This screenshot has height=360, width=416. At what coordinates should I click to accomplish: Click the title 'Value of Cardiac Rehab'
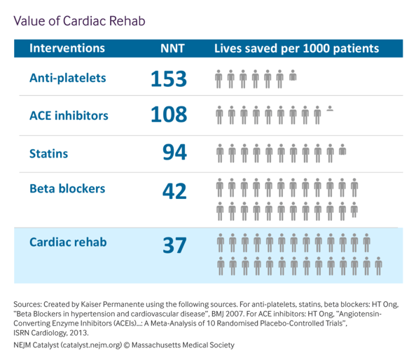click(x=79, y=21)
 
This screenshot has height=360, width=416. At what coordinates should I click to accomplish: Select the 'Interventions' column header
click(x=67, y=48)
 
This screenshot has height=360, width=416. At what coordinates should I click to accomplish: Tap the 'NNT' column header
click(x=172, y=48)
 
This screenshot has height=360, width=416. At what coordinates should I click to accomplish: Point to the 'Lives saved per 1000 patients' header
click(x=297, y=48)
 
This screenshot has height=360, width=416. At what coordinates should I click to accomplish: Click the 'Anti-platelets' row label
click(x=68, y=78)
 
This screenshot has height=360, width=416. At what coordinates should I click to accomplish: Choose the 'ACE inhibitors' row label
click(x=69, y=116)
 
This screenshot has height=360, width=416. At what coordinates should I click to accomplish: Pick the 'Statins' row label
click(x=48, y=153)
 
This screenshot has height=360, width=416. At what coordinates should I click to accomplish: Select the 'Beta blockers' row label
click(x=67, y=188)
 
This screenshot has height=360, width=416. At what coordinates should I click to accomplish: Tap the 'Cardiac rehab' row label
click(x=68, y=242)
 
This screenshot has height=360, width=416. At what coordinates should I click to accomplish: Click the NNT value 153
click(x=169, y=78)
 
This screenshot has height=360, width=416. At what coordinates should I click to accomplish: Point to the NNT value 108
click(x=169, y=114)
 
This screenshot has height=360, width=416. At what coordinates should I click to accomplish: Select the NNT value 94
click(x=174, y=152)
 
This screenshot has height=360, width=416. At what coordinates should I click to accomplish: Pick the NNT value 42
click(x=174, y=191)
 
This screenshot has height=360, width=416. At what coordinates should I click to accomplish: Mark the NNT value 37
click(x=174, y=245)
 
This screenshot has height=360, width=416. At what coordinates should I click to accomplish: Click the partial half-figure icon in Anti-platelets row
click(x=293, y=75)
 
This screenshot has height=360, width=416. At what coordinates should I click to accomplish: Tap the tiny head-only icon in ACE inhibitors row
click(x=330, y=109)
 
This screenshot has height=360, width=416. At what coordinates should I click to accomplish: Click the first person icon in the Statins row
click(x=220, y=153)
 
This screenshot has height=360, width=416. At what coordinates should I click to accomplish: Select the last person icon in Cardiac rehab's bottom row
click(x=379, y=266)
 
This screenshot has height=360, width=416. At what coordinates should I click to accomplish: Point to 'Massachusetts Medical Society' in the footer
click(x=183, y=345)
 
